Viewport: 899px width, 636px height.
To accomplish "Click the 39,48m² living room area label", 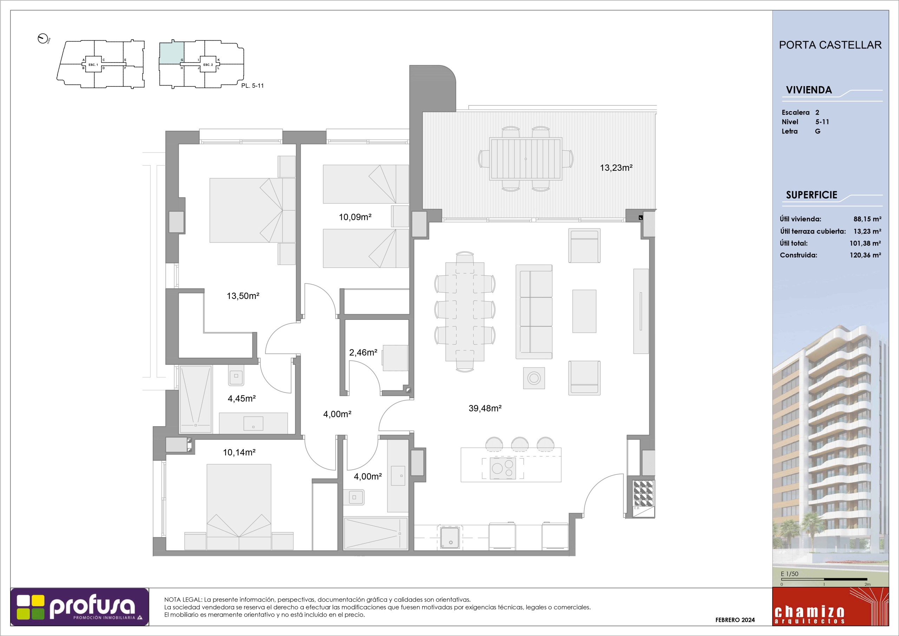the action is (485, 408).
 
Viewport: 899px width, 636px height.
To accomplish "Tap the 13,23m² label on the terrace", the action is (616, 168).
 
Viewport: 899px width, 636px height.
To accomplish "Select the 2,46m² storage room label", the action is (363, 352).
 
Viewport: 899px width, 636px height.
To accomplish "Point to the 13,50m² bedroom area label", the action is (243, 296).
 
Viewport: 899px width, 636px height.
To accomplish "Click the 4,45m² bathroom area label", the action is (242, 398).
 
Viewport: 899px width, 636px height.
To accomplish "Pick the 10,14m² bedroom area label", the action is (239, 452).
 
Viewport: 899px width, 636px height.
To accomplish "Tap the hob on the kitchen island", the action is (503, 468).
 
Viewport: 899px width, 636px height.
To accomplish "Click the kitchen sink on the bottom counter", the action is (449, 537).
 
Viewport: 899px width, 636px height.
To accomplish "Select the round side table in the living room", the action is (534, 378).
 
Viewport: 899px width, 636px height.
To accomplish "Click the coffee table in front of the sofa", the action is (584, 311).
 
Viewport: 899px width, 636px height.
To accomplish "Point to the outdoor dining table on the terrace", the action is (526, 159).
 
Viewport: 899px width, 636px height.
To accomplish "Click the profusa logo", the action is (80, 606).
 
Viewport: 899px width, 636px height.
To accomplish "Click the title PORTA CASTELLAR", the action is (831, 45).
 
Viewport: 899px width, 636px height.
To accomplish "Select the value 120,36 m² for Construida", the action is (865, 255).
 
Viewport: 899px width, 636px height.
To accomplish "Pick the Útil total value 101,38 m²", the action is (865, 244).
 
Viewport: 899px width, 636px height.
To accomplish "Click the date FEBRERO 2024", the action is (735, 620).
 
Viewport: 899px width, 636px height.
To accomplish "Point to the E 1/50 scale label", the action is (789, 574).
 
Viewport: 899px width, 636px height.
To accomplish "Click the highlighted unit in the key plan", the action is (171, 53).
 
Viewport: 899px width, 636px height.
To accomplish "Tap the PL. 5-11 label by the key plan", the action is (252, 86).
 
